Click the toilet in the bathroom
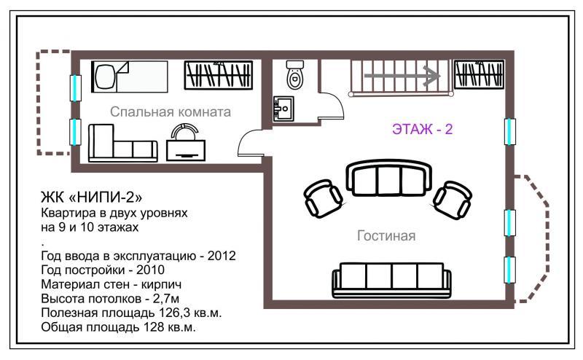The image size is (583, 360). [x=295, y=75]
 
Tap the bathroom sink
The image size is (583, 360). [x=283, y=109]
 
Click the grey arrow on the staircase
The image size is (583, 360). [x=402, y=76]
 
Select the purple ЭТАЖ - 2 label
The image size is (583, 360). [x=423, y=129]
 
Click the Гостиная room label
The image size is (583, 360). [x=386, y=235]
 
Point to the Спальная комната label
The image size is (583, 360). [x=171, y=111]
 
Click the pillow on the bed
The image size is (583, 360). [x=106, y=77]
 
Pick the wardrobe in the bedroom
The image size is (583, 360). [x=219, y=75]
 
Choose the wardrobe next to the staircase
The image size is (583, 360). [x=480, y=74]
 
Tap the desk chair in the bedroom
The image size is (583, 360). [x=185, y=128]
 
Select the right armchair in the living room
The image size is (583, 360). [x=453, y=200]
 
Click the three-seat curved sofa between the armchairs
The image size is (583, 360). [x=388, y=178]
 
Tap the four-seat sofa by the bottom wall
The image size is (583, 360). [x=391, y=281]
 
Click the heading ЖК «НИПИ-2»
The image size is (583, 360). [x=92, y=197]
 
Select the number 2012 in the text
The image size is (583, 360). [x=222, y=256]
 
